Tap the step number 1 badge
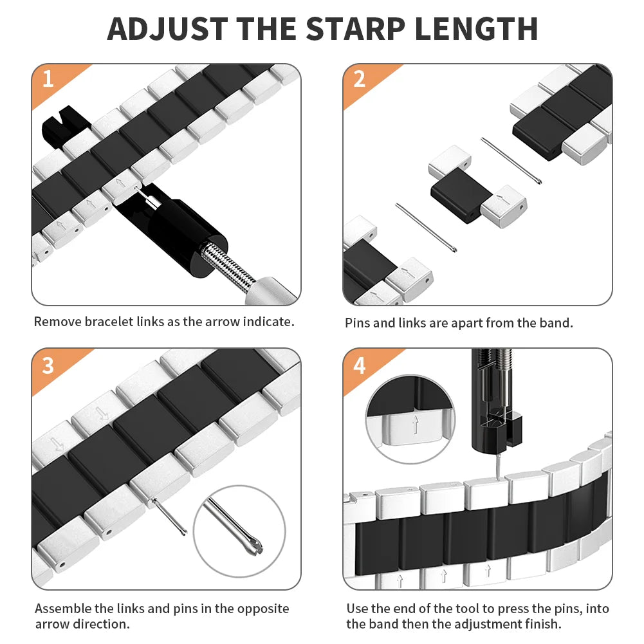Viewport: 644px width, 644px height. [x=48, y=80]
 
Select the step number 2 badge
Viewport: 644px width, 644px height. [x=359, y=80]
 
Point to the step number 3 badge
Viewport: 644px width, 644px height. [x=48, y=365]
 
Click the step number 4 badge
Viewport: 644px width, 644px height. [x=359, y=365]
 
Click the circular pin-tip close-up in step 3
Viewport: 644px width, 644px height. [x=239, y=531]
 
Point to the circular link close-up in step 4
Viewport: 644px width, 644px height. [x=412, y=418]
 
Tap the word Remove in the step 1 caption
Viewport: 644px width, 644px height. [x=57, y=322]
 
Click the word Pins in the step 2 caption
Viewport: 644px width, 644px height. [x=358, y=323]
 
